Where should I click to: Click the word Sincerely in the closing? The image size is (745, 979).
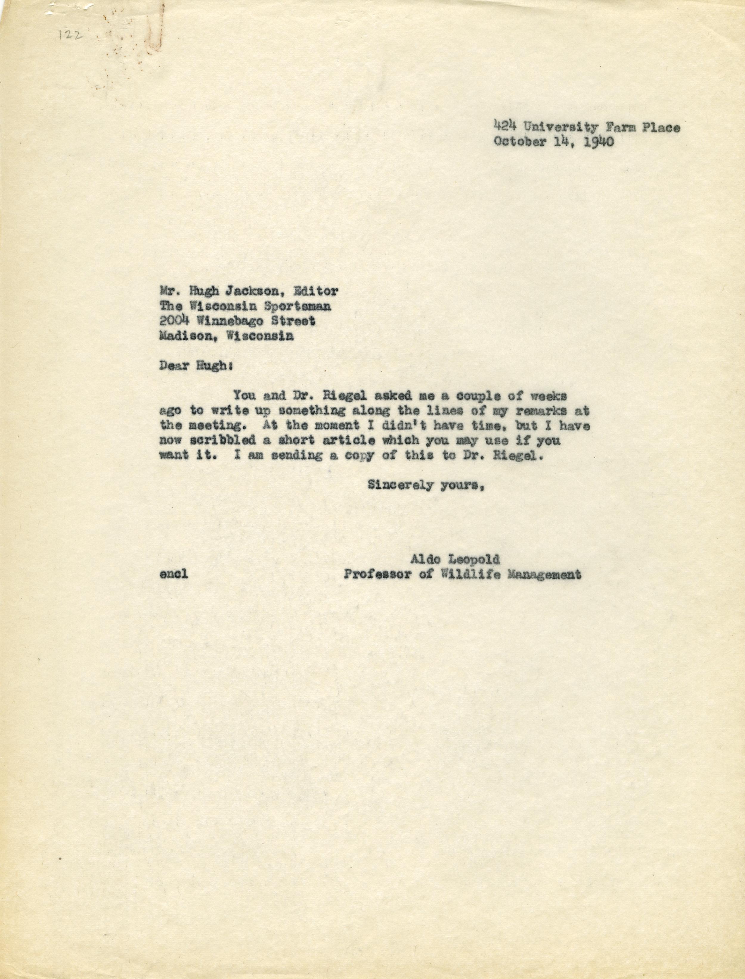point(401,485)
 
